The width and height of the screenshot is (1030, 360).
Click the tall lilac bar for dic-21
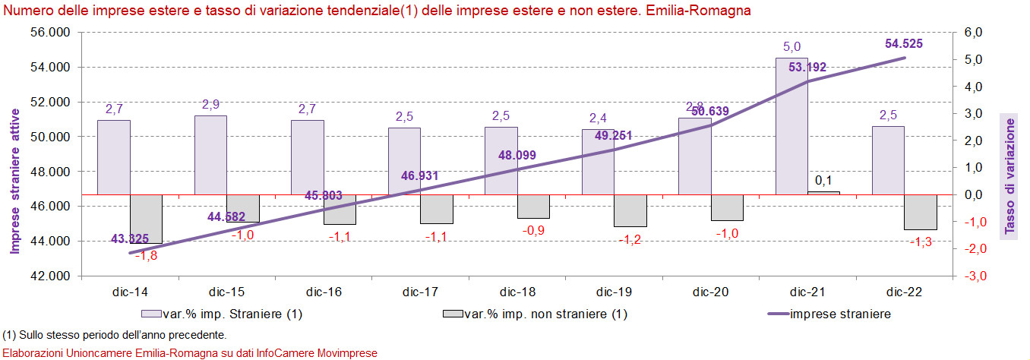pos(791,125)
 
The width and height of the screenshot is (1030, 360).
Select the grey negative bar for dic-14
pos(146,219)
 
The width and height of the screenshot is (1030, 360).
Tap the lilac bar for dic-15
pos(210,155)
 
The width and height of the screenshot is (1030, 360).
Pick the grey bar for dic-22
pos(921,212)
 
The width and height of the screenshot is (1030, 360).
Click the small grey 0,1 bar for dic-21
pos(824,193)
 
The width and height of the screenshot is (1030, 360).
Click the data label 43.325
pos(130,239)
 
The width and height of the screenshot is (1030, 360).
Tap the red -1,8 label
pos(146,256)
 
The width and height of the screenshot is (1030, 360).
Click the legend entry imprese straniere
pos(840,314)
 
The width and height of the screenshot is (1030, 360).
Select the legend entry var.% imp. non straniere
pos(545,314)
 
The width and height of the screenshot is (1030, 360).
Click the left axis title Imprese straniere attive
pos(14,188)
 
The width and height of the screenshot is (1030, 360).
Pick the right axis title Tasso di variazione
pos(1011,175)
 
